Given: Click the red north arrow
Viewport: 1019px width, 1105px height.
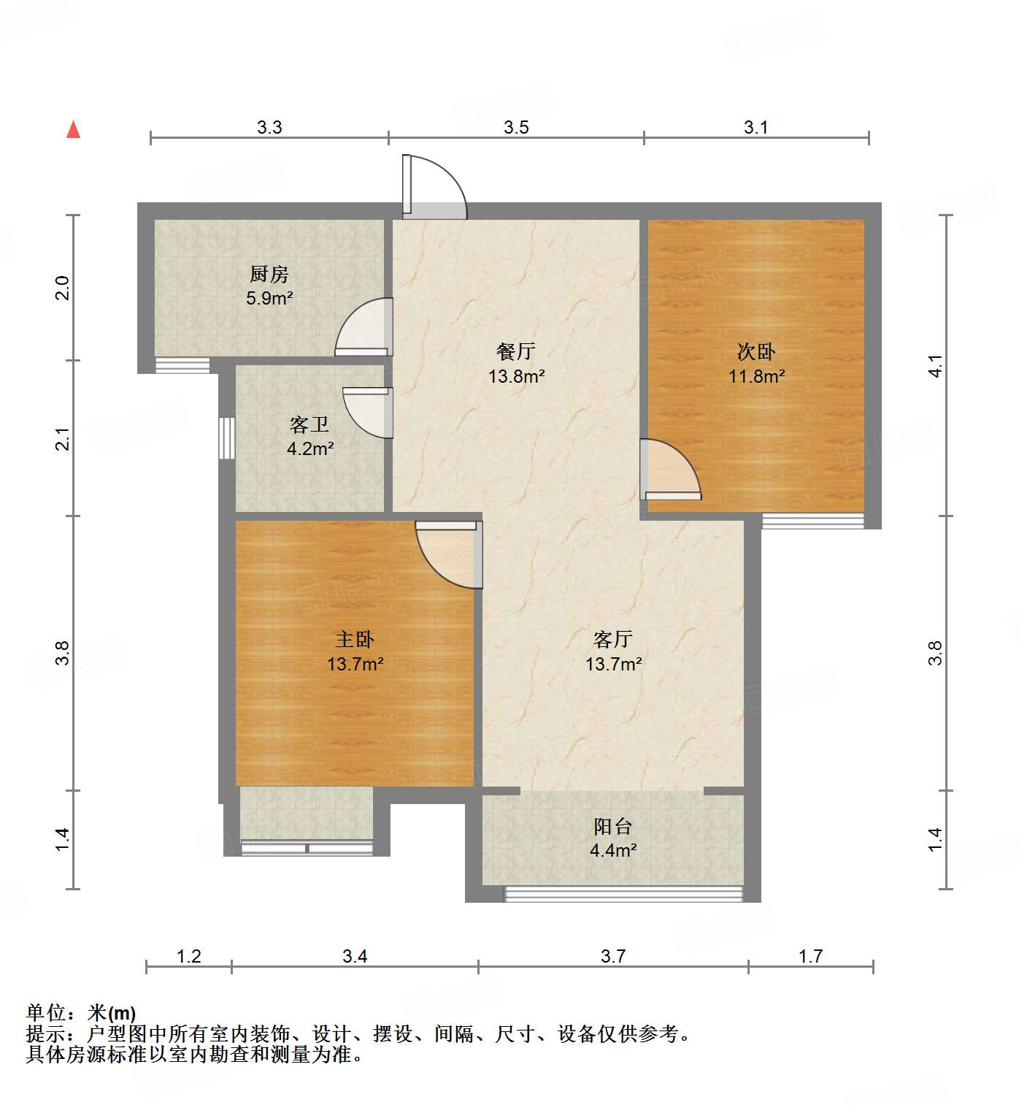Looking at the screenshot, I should tap(73, 130).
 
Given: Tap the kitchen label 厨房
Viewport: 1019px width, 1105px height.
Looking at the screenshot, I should tap(269, 275).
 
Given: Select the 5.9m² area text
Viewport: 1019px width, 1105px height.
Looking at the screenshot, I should tap(269, 298).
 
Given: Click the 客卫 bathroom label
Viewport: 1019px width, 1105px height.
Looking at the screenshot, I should tap(309, 424).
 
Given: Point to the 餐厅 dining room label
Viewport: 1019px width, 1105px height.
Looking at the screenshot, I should tap(516, 351).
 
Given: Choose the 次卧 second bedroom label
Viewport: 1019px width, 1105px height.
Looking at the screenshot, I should tap(756, 351).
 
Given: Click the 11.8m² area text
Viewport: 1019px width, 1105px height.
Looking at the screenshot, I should tap(756, 376).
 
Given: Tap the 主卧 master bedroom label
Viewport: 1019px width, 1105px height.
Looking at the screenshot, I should tap(355, 639).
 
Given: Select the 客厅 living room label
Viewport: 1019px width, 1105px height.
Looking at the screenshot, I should tap(613, 639).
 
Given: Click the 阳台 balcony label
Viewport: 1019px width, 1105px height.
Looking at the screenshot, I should tap(613, 826).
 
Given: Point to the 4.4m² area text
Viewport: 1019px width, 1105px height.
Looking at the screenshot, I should tap(613, 850).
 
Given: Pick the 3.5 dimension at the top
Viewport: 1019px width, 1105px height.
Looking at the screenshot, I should tap(516, 128).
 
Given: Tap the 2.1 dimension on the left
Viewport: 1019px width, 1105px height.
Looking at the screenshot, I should tap(64, 439).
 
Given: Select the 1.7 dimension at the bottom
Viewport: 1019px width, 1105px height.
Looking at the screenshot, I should tap(810, 956).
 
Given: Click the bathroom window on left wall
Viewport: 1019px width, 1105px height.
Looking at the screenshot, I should tap(227, 438).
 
